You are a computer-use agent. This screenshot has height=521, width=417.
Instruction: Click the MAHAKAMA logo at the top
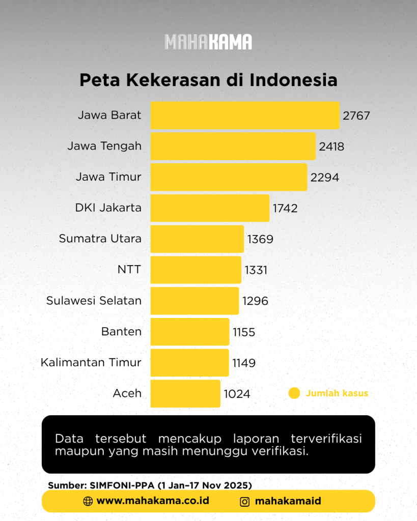click(x=208, y=42)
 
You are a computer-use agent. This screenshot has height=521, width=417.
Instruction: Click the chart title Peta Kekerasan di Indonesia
click(x=209, y=80)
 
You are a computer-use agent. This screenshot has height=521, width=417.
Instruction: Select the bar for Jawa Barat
click(x=245, y=115)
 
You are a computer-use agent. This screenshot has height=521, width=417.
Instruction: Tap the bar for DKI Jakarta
click(x=210, y=208)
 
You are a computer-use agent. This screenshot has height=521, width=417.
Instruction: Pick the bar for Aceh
click(x=185, y=393)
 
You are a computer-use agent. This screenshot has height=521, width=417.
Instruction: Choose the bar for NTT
click(x=196, y=270)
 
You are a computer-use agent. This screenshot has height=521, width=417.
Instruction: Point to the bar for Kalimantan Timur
click(x=189, y=362)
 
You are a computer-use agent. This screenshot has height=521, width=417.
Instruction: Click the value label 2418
click(x=331, y=147)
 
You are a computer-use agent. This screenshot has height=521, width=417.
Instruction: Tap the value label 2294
click(x=324, y=178)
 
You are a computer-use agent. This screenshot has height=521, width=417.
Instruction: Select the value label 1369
click(x=260, y=239)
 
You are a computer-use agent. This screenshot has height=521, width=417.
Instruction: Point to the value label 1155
click(x=244, y=332)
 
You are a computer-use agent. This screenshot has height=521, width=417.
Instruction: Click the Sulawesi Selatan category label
click(x=94, y=300)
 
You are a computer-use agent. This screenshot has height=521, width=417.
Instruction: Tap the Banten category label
click(x=121, y=331)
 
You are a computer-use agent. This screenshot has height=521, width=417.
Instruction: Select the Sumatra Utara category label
click(x=100, y=239)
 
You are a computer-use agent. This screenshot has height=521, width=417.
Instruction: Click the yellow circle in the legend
click(x=294, y=393)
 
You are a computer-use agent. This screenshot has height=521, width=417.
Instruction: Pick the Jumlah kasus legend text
click(x=337, y=393)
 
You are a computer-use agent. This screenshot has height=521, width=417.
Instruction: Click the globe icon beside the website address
click(x=88, y=501)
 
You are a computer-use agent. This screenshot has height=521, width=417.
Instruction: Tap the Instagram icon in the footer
click(x=245, y=502)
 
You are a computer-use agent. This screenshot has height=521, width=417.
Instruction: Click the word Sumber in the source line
click(x=68, y=485)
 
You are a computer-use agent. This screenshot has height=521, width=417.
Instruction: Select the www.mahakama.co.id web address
click(x=153, y=501)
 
